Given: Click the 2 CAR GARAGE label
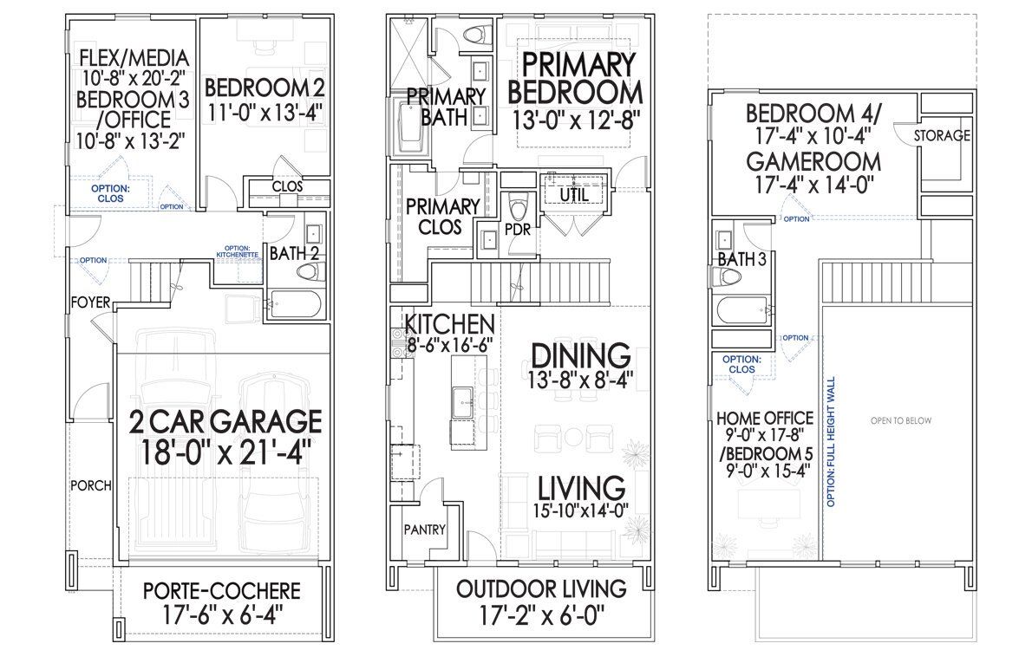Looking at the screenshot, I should click(225, 421).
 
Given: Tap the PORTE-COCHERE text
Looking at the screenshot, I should click(222, 591).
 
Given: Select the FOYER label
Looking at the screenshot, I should click(90, 302).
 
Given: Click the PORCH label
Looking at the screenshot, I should click(90, 485).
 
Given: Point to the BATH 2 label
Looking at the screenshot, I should click(294, 253).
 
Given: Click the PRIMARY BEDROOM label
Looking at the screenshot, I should click(575, 78).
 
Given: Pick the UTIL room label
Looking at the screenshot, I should click(573, 196).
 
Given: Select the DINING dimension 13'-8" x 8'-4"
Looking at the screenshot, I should click(579, 378).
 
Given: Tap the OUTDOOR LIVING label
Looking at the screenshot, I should click(542, 589).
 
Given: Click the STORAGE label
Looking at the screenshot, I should click(943, 135).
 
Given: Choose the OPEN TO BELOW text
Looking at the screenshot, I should click(901, 420).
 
